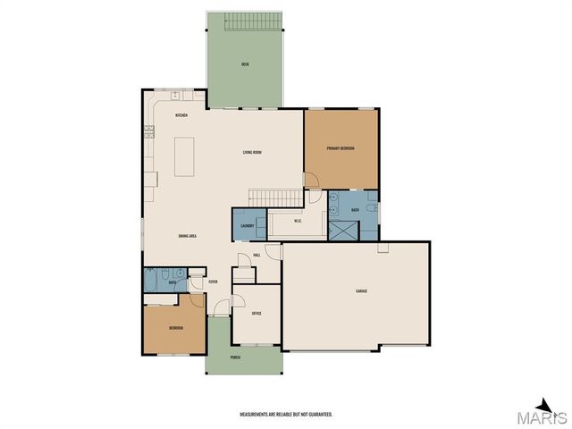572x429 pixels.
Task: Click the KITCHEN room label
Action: coord(181,116)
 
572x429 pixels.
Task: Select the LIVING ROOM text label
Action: coord(252,152)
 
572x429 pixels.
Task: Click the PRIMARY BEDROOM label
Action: coord(341,148)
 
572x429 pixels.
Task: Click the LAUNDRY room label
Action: coord(248,226)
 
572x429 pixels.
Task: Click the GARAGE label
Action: coord(361,291)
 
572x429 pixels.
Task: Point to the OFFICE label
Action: coord(257,314)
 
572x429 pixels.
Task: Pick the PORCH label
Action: coord(235,357)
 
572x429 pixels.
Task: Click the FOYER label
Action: coord(213,282)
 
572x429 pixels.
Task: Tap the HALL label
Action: coord(257,256)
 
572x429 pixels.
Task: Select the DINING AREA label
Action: coord(188,236)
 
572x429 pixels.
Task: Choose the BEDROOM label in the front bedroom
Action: coord(176,328)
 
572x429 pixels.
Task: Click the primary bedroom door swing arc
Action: coord(313,181)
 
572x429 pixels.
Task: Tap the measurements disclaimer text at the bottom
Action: coord(285,415)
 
